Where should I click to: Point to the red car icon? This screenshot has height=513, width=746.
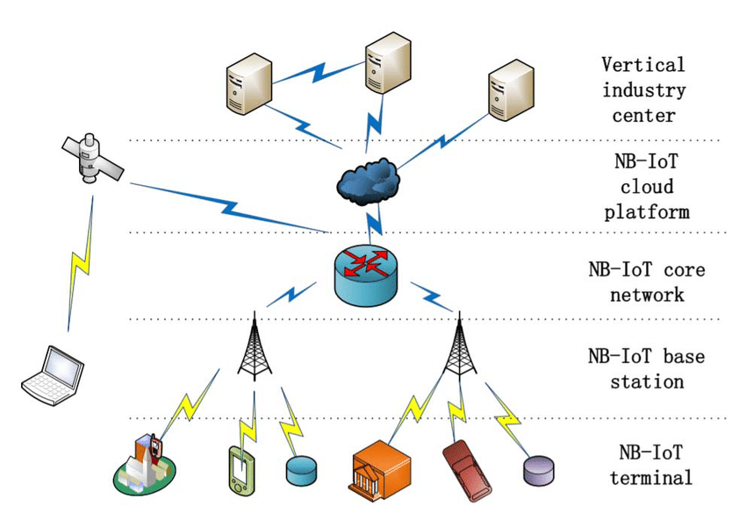point(465,462)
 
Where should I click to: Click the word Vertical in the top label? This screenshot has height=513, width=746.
point(642,64)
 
